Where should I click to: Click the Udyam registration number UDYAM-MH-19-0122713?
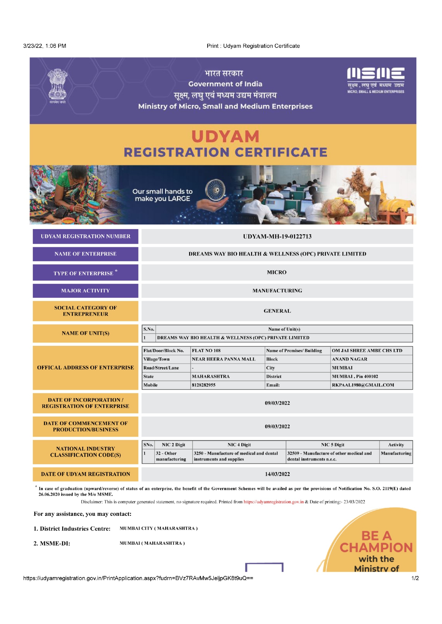pos(277,237)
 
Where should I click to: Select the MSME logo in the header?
pos(375,80)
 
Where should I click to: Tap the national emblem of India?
pos(57,85)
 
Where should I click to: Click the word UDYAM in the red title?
pos(225,137)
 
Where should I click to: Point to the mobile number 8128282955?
pos(204,385)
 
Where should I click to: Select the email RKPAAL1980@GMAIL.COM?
pos(363,385)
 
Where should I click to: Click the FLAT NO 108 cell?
pos(206,350)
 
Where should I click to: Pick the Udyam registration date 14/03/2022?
pos(277,474)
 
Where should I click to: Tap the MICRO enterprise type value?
pos(277,273)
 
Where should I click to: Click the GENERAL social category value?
pos(277,311)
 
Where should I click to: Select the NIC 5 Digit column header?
pos(332,445)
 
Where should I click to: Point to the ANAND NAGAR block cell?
pos(349,359)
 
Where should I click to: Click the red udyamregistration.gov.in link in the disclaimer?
pos(274,502)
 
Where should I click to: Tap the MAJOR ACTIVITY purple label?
pos(85,291)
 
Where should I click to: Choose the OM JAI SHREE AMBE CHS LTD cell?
pos(367,350)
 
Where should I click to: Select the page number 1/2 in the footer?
pos(415,578)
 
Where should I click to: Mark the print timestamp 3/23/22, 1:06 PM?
pos(45,46)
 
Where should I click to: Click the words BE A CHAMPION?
pos(376,542)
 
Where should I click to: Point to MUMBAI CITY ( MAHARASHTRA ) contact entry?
pos(158,528)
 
